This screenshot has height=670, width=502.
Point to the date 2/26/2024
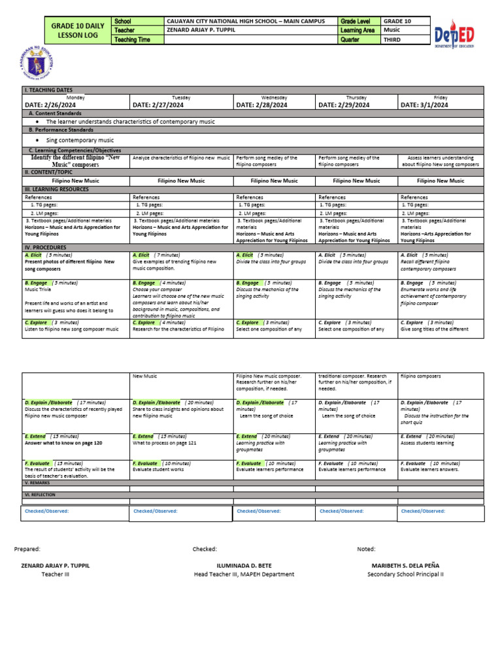tap(50, 105)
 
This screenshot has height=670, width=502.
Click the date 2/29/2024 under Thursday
tap(344, 105)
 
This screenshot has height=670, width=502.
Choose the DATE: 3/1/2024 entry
tap(424, 105)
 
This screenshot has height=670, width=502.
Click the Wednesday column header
tap(274, 97)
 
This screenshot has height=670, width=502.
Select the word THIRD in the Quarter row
tap(393, 40)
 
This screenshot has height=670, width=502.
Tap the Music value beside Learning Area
tap(392, 31)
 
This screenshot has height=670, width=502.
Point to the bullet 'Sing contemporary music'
tap(80, 140)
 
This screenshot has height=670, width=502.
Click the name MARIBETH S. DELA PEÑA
tap(405, 565)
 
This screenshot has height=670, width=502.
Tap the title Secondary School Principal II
tap(405, 574)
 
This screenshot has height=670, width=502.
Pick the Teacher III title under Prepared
tap(55, 574)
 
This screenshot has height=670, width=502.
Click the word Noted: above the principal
tap(366, 549)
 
